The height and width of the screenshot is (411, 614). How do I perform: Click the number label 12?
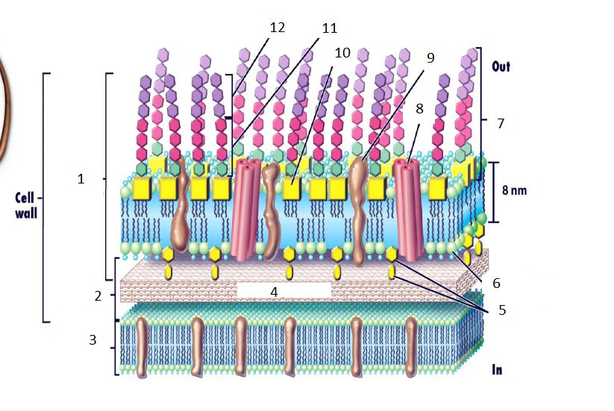click(x=278, y=27)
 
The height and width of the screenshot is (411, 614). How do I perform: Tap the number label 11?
click(x=329, y=28)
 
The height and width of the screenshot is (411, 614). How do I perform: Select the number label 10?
click(x=342, y=53)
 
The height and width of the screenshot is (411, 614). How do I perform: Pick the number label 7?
click(x=501, y=122)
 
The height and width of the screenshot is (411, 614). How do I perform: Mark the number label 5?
click(x=501, y=309)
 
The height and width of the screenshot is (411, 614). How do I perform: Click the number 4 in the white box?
click(x=274, y=292)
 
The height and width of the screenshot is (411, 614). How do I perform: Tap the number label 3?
click(x=93, y=339)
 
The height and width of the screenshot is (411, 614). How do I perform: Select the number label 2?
click(x=98, y=295)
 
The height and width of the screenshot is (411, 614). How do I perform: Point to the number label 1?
click(x=82, y=178)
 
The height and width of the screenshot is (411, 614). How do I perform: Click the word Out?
click(x=501, y=66)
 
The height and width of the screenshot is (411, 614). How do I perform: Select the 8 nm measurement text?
click(x=514, y=190)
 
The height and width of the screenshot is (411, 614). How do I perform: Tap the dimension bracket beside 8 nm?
click(x=495, y=192)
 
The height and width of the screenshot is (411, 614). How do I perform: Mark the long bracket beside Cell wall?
click(x=46, y=198)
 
